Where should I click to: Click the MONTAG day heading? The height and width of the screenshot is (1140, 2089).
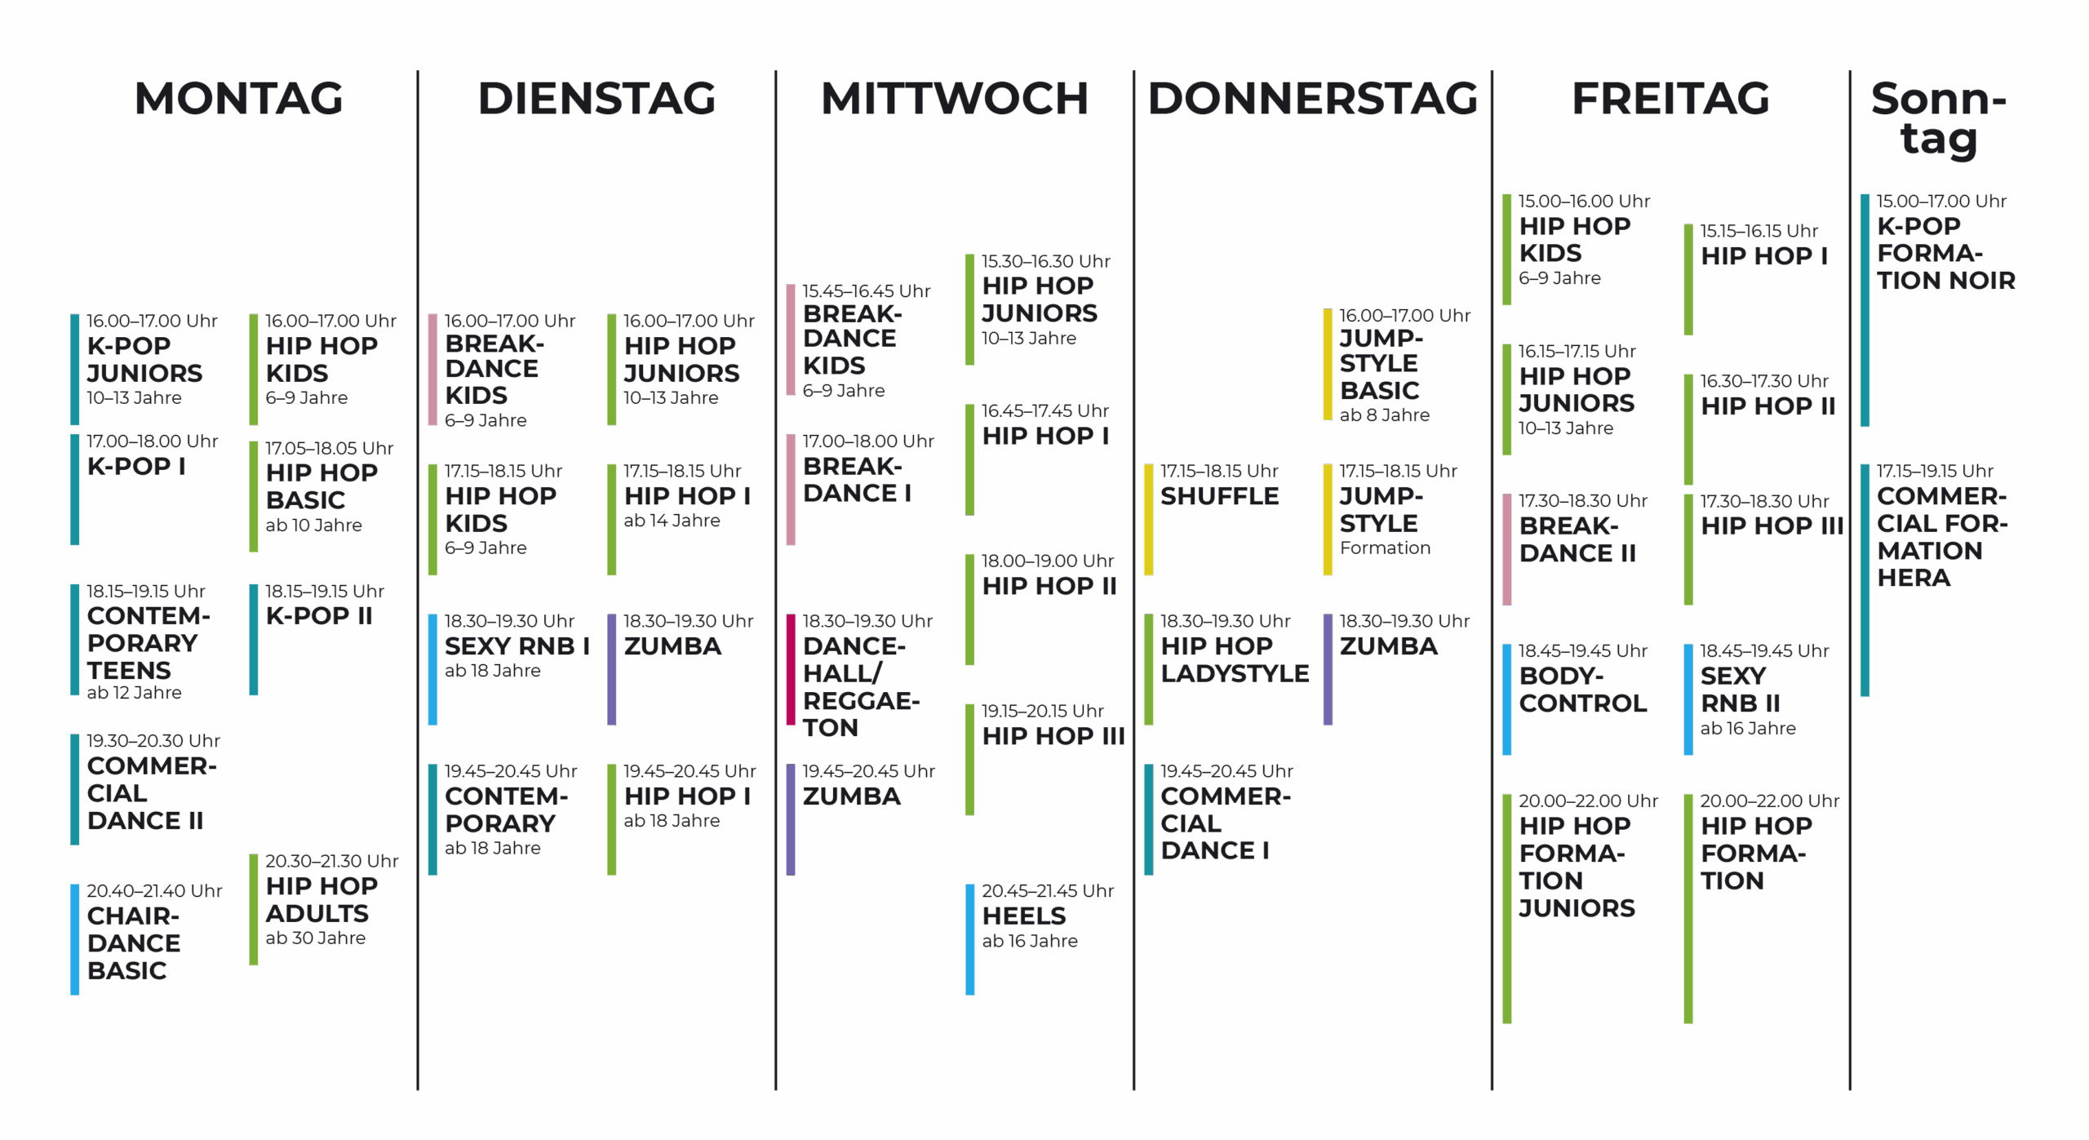238,99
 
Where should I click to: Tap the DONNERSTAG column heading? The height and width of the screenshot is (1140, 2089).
1312,99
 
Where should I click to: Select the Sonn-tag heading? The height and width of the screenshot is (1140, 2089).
1938,119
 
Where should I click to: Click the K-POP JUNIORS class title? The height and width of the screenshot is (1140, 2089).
144,360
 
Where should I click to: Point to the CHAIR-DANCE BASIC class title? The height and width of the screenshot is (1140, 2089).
133,943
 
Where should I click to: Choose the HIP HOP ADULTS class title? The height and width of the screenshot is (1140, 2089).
321,900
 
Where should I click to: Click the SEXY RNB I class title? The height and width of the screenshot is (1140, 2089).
517,646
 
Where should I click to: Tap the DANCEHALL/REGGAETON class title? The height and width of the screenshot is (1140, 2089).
860,687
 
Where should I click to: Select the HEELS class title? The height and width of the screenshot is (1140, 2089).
1023,916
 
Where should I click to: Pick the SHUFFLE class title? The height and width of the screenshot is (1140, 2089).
1219,496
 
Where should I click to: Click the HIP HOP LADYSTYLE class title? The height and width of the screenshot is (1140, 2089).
1234,659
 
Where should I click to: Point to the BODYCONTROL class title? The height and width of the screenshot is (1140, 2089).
1582,690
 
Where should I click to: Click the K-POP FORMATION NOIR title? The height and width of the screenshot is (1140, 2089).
1945,254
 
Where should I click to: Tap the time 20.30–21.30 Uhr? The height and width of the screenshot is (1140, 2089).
331,861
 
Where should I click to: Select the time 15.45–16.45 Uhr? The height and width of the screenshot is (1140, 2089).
866,291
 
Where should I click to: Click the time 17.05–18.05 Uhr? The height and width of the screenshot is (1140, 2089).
329,449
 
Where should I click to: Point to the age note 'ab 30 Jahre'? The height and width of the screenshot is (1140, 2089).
315,938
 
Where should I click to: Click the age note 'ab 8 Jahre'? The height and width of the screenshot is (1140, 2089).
1384,415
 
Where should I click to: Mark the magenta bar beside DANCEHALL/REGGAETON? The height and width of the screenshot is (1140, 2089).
790,669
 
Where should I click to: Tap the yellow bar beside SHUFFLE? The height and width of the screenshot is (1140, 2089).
1148,520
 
